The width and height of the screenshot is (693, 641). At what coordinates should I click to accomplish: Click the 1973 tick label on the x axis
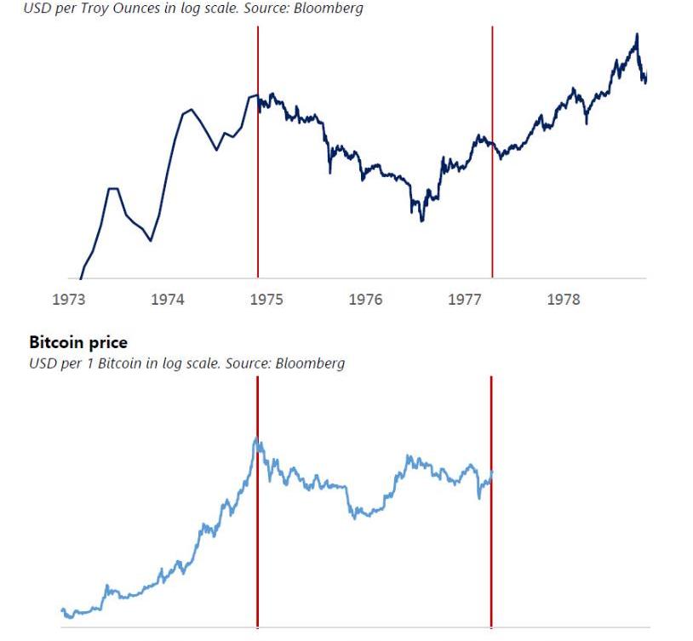click(68, 300)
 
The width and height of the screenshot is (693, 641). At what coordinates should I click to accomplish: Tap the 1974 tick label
click(168, 300)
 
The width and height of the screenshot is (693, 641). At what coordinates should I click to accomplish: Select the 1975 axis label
click(266, 300)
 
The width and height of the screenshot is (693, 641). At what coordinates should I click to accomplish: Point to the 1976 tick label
click(365, 300)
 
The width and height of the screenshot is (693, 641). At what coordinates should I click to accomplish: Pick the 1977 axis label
click(465, 300)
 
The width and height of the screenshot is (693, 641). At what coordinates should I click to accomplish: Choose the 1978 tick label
click(564, 300)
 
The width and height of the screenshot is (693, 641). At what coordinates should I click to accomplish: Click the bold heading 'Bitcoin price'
click(78, 342)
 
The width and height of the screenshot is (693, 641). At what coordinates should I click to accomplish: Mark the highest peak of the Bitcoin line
click(256, 438)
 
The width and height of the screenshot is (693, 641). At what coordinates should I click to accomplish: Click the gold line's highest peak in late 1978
click(636, 34)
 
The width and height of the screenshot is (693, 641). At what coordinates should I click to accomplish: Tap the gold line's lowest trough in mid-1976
click(421, 220)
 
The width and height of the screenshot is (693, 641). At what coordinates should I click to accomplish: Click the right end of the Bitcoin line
click(492, 472)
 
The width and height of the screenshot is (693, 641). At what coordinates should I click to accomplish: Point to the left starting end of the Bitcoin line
click(62, 610)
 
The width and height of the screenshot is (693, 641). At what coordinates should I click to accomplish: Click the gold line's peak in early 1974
click(190, 110)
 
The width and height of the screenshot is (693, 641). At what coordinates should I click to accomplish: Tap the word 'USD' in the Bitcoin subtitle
click(41, 363)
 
